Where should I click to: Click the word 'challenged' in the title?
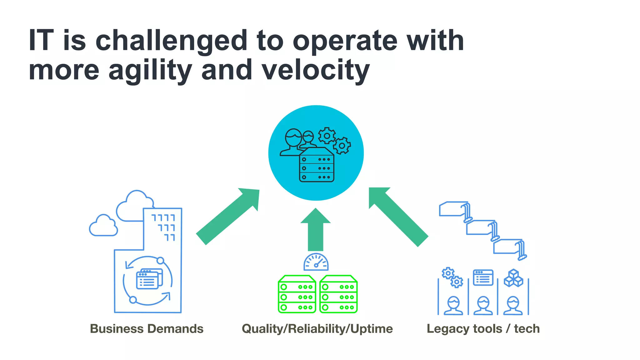click(x=171, y=41)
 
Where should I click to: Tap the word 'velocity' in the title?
click(x=316, y=70)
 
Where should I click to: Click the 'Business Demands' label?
click(x=147, y=329)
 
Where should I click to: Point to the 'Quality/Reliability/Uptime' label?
click(x=317, y=329)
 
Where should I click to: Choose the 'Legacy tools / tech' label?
click(x=483, y=329)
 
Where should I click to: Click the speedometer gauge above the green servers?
click(x=316, y=262)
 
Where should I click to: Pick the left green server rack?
click(x=297, y=294)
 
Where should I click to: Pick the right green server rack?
click(x=338, y=294)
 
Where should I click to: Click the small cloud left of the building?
click(x=103, y=226)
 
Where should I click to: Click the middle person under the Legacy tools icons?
click(x=483, y=305)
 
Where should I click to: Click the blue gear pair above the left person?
click(x=452, y=277)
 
